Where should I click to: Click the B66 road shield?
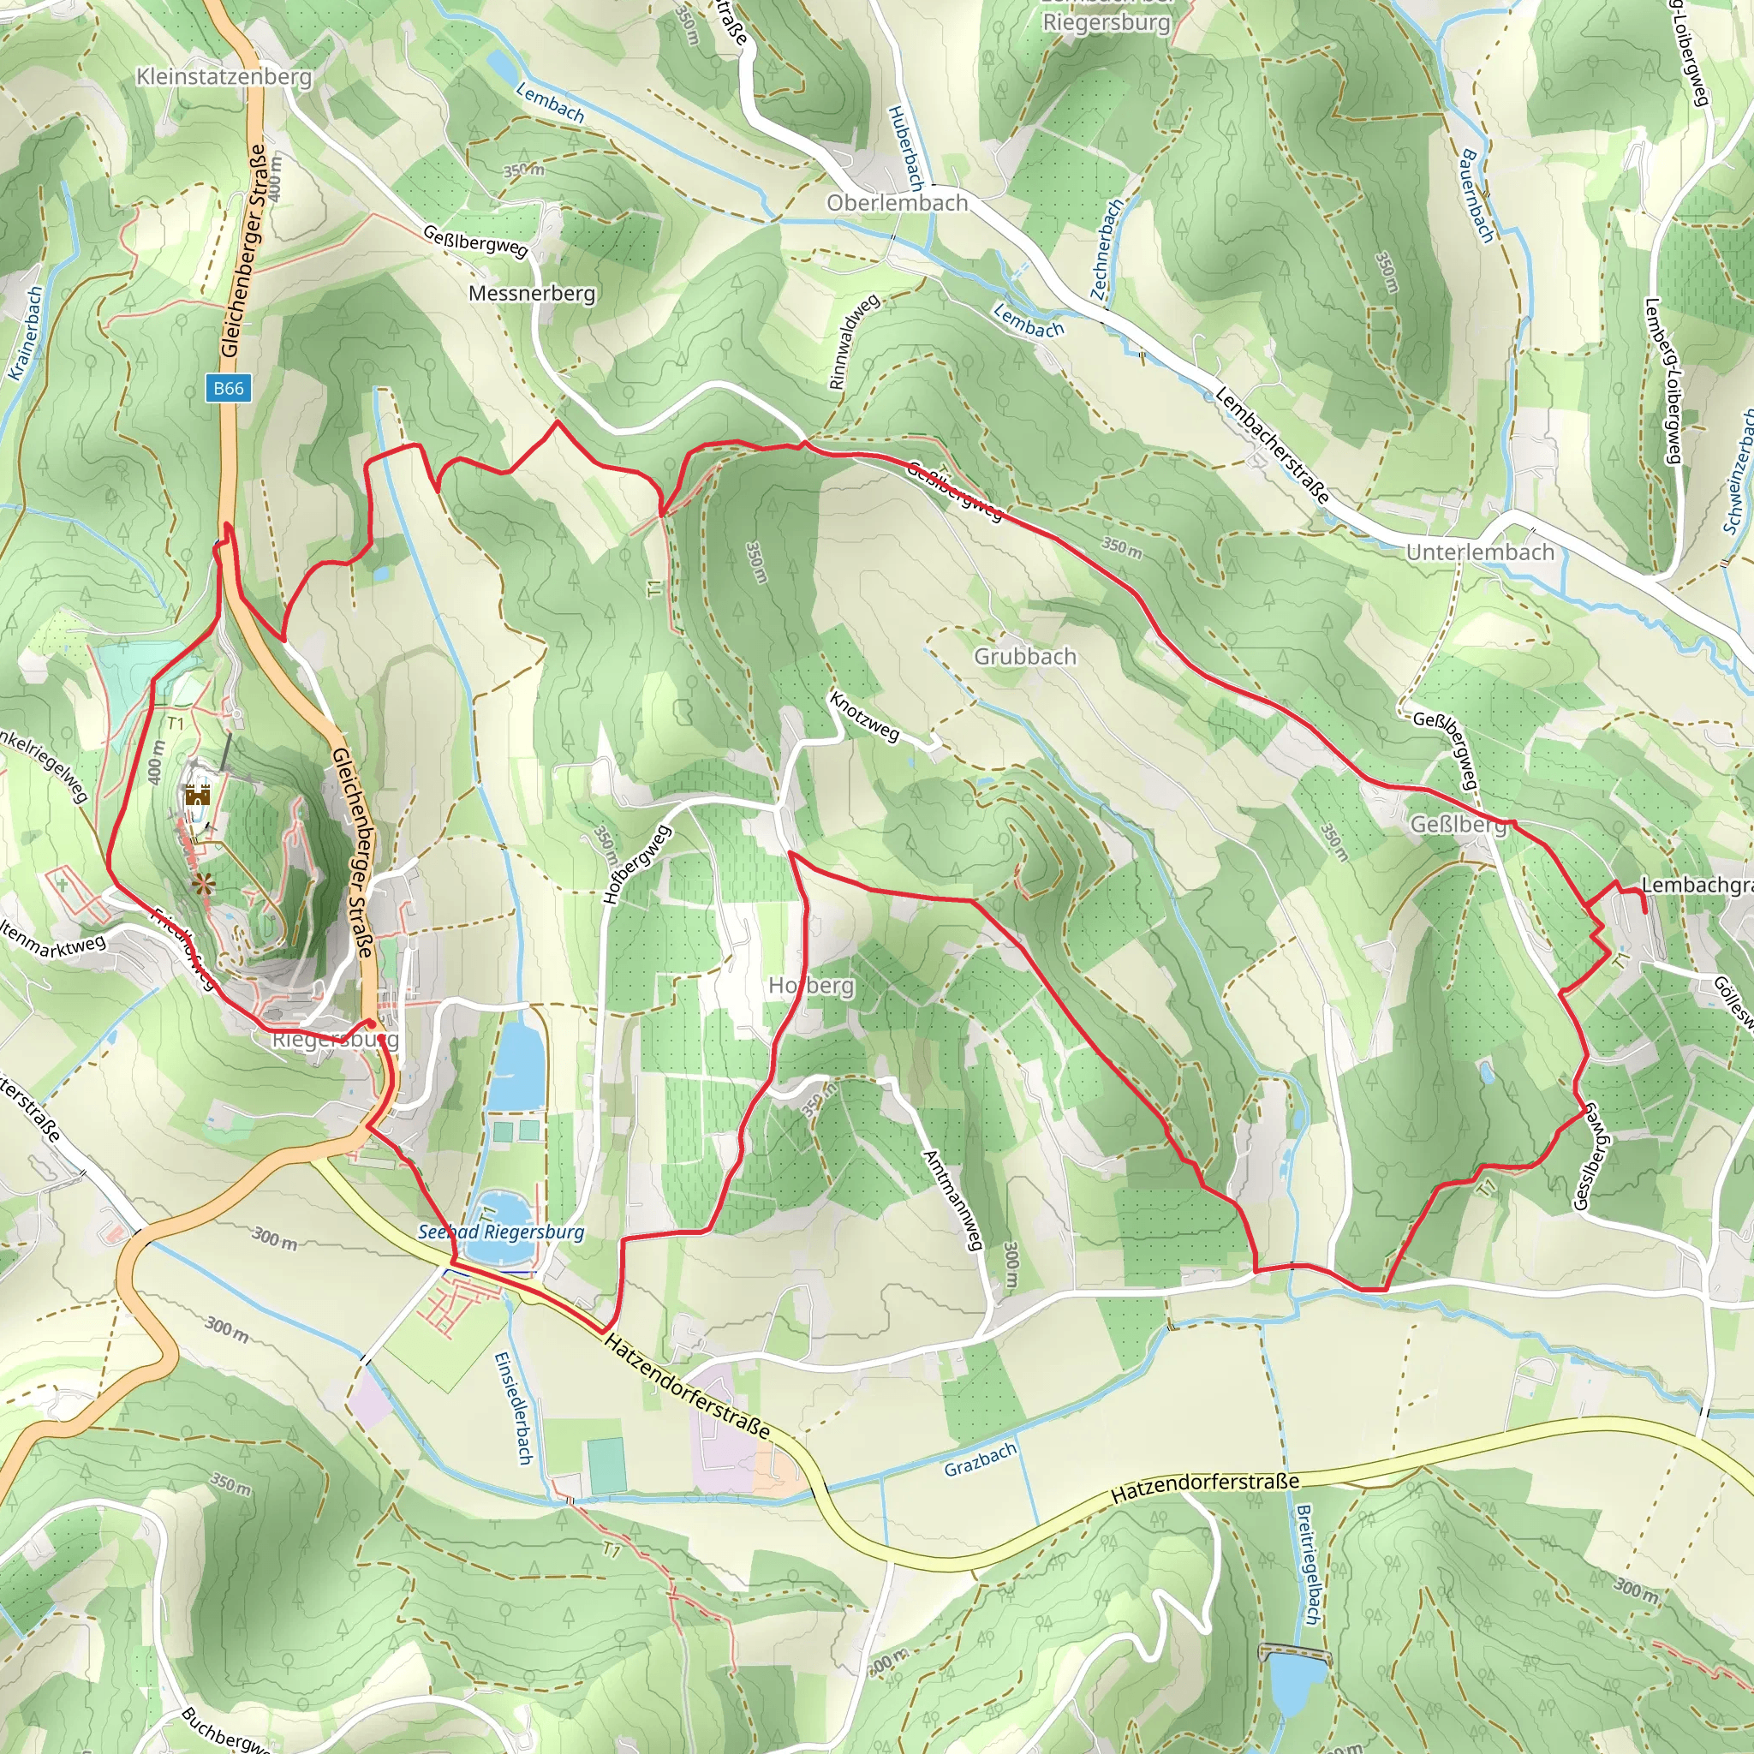(x=228, y=388)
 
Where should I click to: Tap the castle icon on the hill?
(x=198, y=796)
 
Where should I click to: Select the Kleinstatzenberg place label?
(x=224, y=77)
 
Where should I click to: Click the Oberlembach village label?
(x=896, y=202)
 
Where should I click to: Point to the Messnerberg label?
(x=531, y=293)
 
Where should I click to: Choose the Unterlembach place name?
(x=1480, y=552)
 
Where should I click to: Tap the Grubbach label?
(x=1025, y=656)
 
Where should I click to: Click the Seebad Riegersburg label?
(x=500, y=1232)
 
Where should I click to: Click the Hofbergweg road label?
(x=636, y=863)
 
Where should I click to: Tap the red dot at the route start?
(x=370, y=1023)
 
